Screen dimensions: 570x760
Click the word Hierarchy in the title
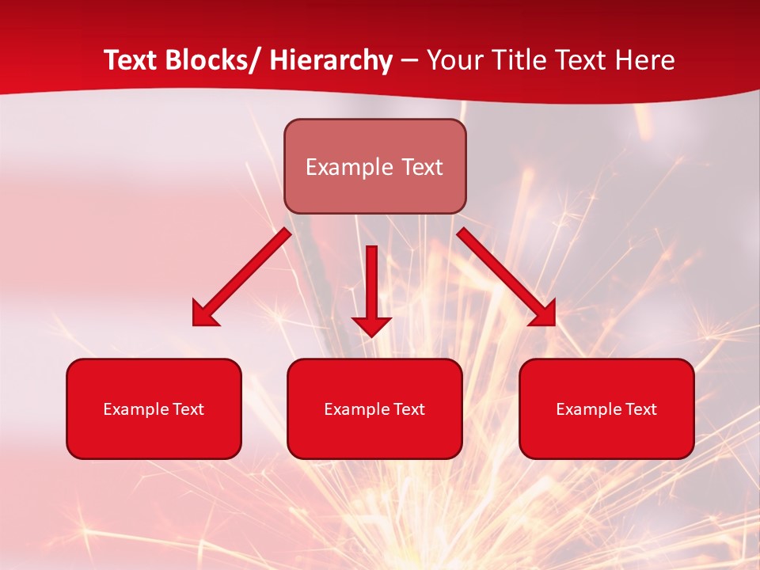[331, 60]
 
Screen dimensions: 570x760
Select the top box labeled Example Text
[374, 166]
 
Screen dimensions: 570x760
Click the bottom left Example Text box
[154, 408]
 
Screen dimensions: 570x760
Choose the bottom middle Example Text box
[374, 408]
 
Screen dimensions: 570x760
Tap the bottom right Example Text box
[606, 408]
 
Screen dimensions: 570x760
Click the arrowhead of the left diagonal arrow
[204, 314]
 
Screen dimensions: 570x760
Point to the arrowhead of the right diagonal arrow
[544, 314]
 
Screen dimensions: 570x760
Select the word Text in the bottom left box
[188, 409]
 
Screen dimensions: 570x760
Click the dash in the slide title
[409, 61]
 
